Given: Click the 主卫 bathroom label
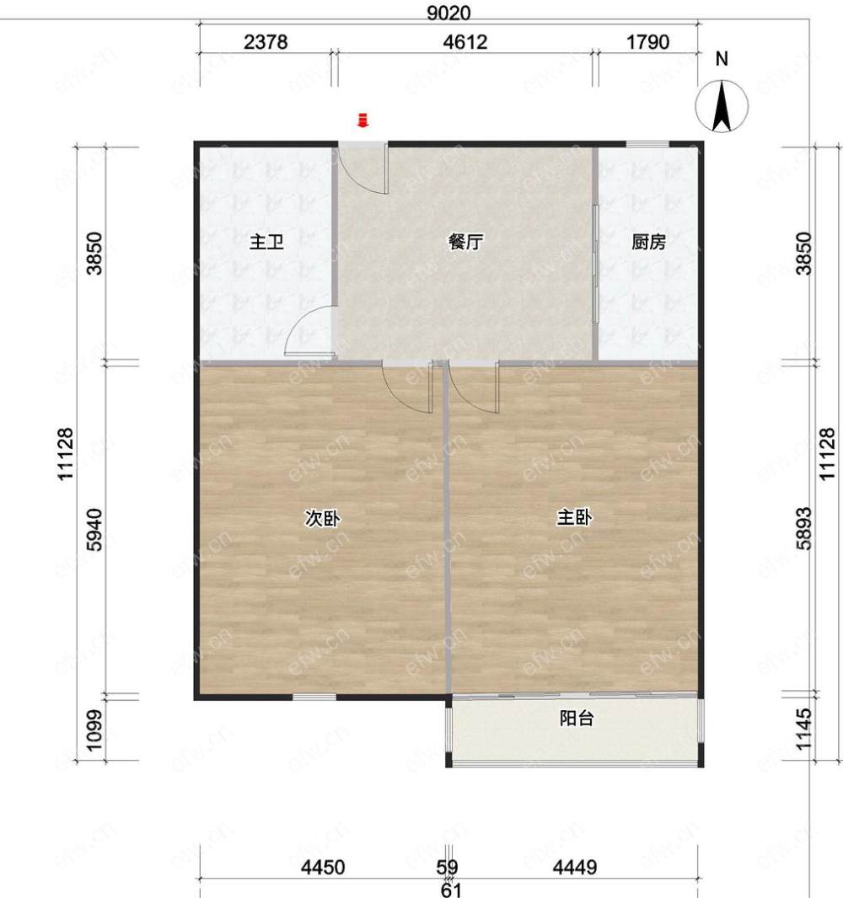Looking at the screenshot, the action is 266,243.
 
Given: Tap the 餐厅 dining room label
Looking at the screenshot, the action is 464,242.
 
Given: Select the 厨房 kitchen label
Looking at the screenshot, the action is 648,243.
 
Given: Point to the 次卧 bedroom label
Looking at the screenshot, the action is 322,518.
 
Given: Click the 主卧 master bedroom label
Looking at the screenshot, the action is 574,518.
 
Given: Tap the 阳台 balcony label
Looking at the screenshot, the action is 576,718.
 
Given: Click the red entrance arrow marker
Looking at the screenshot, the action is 362,120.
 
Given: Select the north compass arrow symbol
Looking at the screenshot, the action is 722,106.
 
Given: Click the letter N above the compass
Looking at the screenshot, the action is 722,58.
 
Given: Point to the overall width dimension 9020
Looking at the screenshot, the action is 448,13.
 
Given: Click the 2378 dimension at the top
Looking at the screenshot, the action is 266,42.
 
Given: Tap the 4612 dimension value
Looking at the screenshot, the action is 465,42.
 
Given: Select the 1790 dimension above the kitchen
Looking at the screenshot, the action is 647,42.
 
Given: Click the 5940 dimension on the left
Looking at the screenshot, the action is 95,529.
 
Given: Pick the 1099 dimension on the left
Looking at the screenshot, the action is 95,730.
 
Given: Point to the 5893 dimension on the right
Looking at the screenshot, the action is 804,528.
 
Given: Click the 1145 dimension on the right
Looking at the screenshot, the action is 804,729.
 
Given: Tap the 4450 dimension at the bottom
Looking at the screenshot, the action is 323,867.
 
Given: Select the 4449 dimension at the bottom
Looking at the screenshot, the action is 575,867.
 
